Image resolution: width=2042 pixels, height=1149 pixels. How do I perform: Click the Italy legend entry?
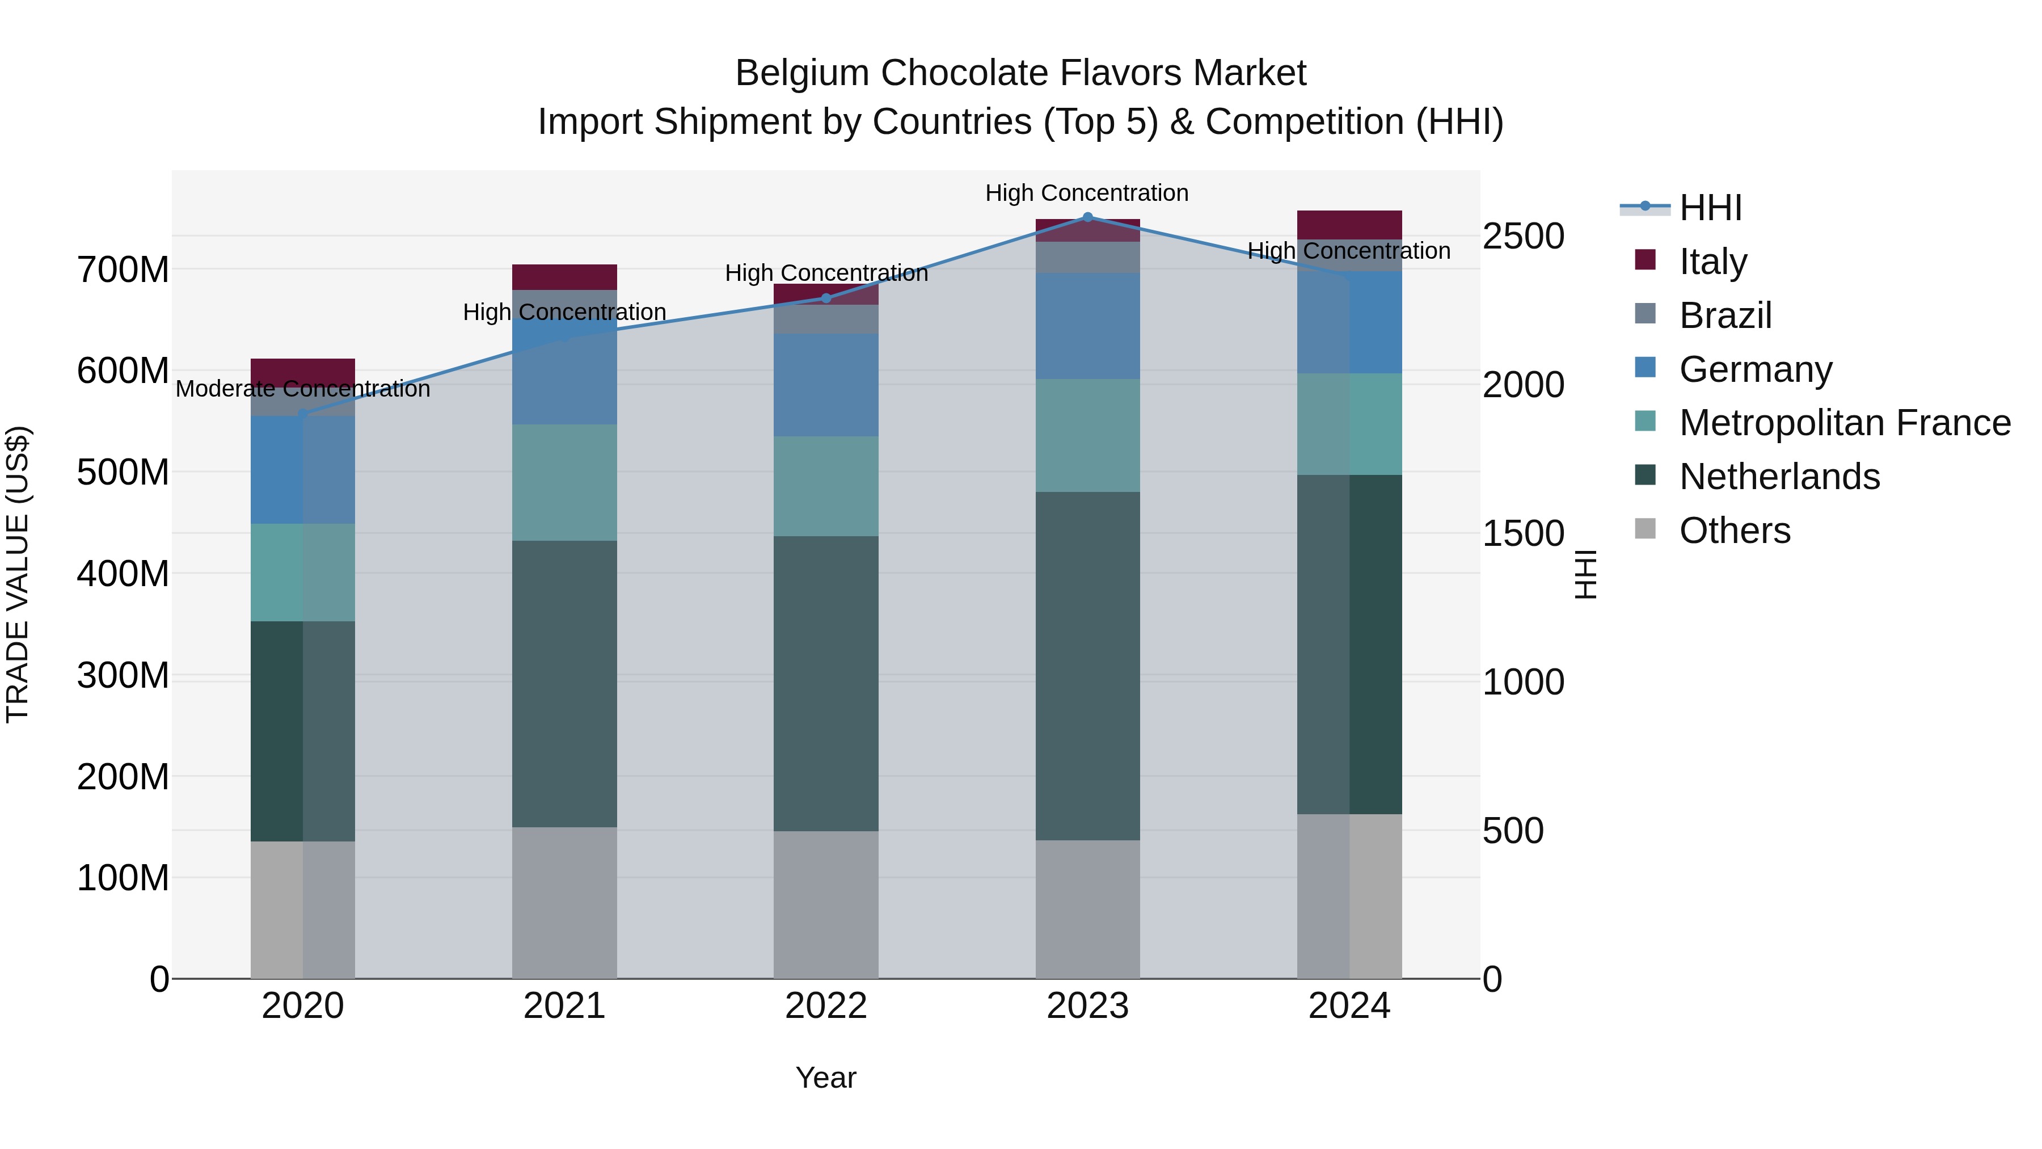pyautogui.click(x=1712, y=262)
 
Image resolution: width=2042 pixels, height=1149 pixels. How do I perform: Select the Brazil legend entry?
pyautogui.click(x=1725, y=315)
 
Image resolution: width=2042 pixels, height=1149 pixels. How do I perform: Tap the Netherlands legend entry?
pyautogui.click(x=1779, y=477)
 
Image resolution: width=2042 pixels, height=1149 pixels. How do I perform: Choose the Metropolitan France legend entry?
pyautogui.click(x=1844, y=423)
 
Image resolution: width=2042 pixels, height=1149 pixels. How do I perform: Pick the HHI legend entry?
pyautogui.click(x=1710, y=208)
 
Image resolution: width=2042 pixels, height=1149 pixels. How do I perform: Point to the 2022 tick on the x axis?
pyautogui.click(x=826, y=1006)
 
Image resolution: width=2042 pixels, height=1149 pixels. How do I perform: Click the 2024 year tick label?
pyautogui.click(x=1349, y=1006)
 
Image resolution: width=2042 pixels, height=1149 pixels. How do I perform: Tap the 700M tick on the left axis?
pyautogui.click(x=123, y=271)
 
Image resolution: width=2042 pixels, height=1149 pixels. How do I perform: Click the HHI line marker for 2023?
pyautogui.click(x=1087, y=217)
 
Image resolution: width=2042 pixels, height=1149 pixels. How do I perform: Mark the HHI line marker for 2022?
pyautogui.click(x=826, y=298)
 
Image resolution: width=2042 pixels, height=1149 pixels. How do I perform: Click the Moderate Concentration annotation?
pyautogui.click(x=303, y=389)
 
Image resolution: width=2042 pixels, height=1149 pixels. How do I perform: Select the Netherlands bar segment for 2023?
pyautogui.click(x=1087, y=666)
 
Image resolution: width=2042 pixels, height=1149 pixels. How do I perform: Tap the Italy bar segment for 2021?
pyautogui.click(x=564, y=277)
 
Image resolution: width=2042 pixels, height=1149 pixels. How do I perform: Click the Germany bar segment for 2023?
pyautogui.click(x=1087, y=326)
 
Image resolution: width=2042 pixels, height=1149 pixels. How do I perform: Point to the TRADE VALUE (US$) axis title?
pyautogui.click(x=18, y=574)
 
